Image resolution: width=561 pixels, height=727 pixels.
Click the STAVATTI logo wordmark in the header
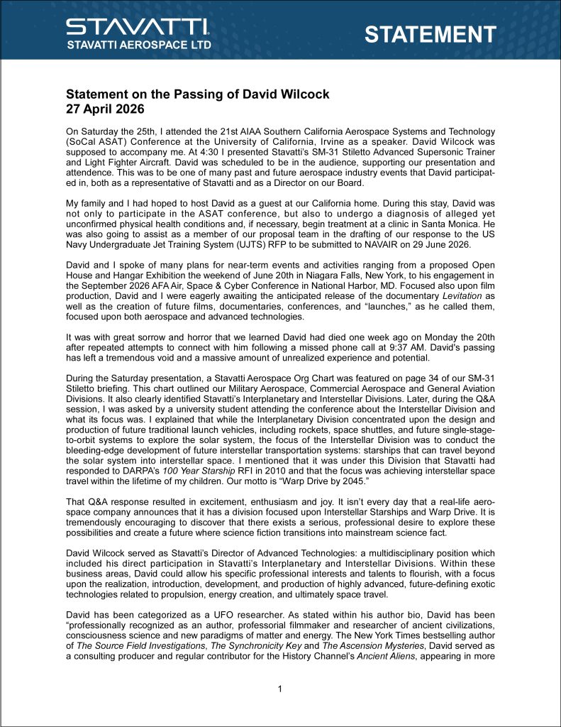(x=138, y=28)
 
